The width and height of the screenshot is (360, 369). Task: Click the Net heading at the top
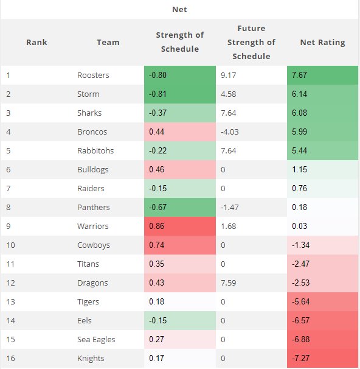click(x=179, y=10)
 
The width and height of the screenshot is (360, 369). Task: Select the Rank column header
click(x=36, y=43)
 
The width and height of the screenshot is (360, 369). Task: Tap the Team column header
click(x=108, y=43)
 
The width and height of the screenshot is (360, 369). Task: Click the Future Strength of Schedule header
click(x=251, y=43)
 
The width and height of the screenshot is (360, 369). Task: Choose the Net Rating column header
click(x=322, y=43)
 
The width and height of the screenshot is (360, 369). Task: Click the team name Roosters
click(x=93, y=76)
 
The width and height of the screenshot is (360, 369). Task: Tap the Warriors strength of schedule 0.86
click(x=156, y=227)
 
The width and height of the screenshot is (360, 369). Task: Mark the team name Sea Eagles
click(x=96, y=340)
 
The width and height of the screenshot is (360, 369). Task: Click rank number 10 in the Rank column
click(x=10, y=245)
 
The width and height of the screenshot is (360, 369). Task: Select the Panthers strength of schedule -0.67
click(x=158, y=208)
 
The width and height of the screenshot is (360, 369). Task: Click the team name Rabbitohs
click(x=95, y=151)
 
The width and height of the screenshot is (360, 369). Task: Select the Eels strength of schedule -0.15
click(x=158, y=321)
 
